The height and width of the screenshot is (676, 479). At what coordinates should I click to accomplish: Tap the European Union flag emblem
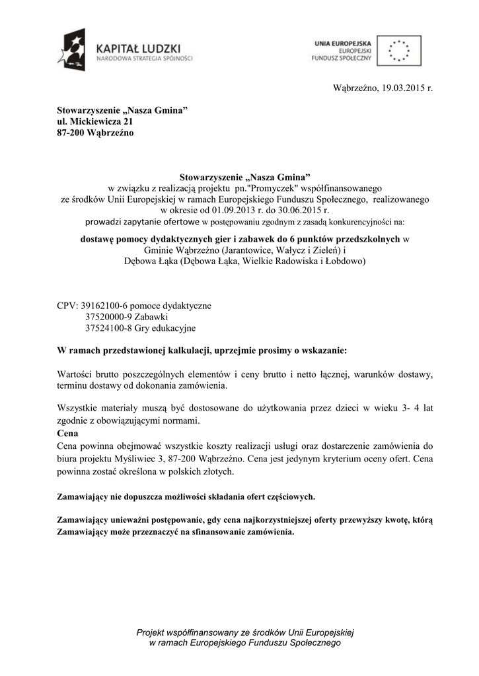click(x=398, y=50)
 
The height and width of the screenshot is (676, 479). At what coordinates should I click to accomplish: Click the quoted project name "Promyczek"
click(x=272, y=188)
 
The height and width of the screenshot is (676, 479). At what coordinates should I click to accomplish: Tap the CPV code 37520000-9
click(x=110, y=317)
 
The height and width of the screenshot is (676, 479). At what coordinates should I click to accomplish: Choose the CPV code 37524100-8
click(x=110, y=328)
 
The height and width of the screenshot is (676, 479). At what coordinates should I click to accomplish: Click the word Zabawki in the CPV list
click(x=152, y=317)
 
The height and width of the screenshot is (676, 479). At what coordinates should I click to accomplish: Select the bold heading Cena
click(x=67, y=434)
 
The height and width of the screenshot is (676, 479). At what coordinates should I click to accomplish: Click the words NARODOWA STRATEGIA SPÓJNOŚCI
click(x=144, y=58)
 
